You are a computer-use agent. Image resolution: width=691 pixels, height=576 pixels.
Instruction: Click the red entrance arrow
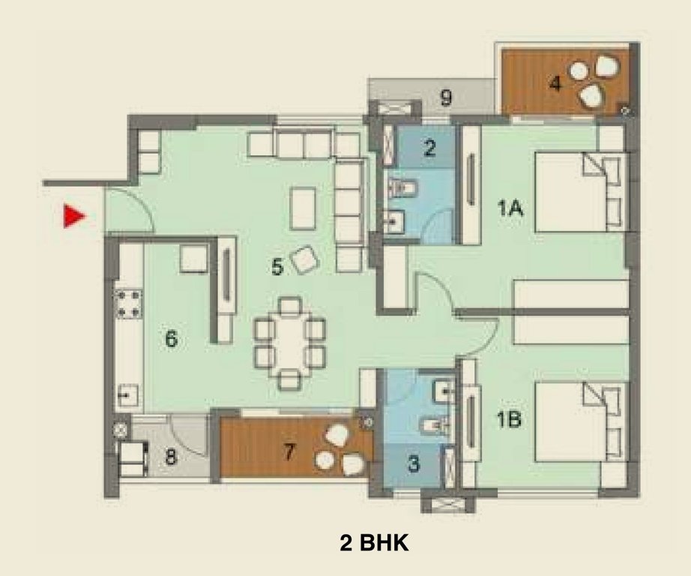tap(73, 216)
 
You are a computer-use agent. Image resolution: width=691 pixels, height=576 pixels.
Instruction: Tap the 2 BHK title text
tap(374, 543)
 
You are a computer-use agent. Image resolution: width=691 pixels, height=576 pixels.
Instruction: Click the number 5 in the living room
tap(277, 266)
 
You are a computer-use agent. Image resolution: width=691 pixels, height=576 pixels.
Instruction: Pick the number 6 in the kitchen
tap(171, 339)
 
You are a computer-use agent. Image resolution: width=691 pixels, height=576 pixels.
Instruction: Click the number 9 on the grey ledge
tap(445, 97)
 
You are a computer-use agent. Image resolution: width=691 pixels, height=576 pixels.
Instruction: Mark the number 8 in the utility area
tap(171, 457)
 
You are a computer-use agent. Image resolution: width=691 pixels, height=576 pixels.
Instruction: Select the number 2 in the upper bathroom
tap(429, 147)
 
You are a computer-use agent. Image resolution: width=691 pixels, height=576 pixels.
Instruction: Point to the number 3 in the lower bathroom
tap(414, 463)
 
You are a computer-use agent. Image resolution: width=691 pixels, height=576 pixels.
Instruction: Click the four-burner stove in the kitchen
tap(128, 304)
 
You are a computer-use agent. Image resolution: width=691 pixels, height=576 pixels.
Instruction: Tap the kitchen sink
tap(127, 394)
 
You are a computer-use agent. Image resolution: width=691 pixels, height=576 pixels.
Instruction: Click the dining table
tap(290, 343)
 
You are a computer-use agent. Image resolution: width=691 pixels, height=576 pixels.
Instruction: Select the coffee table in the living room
tap(303, 208)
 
